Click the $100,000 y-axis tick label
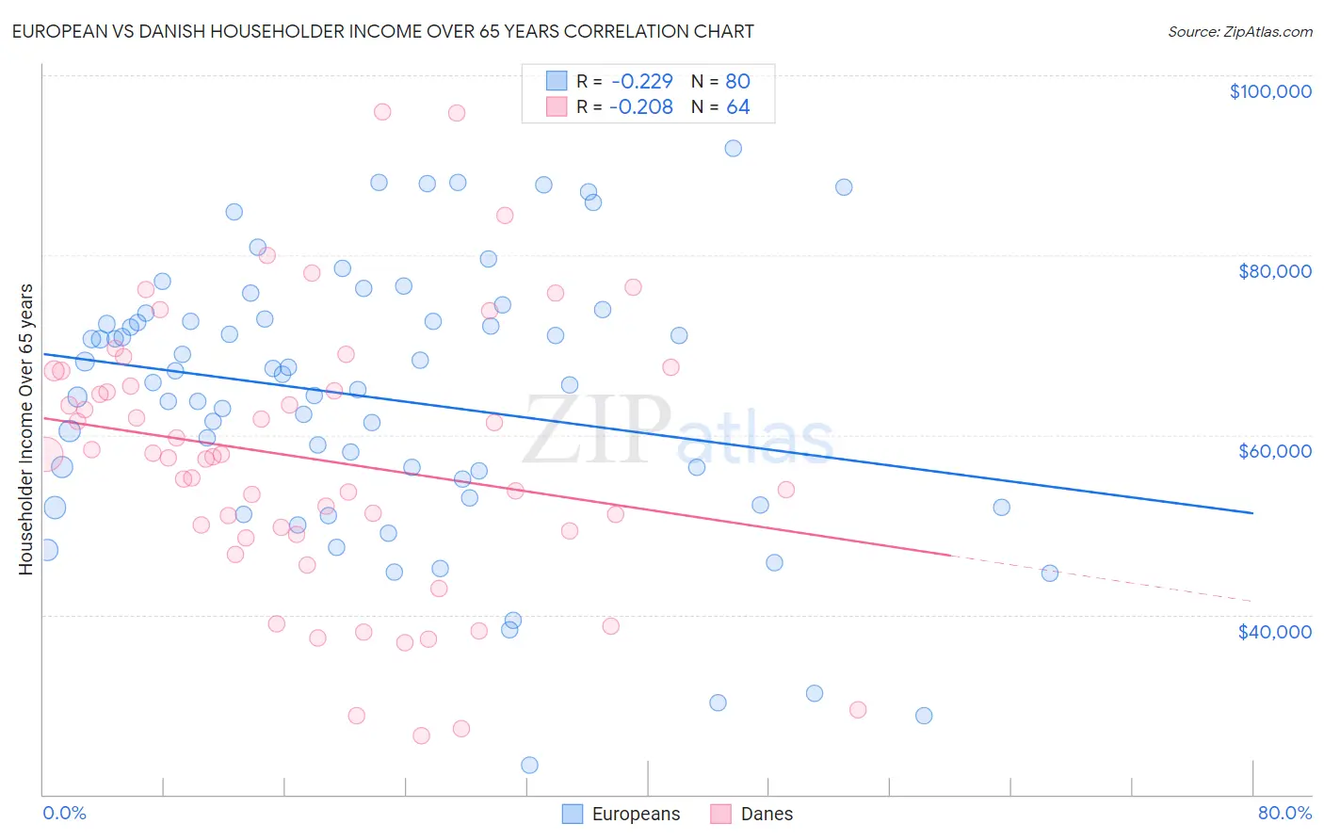(1270, 91)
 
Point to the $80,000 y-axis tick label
(1274, 271)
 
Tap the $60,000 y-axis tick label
(1274, 451)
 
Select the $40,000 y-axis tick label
(1274, 631)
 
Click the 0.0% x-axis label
(64, 813)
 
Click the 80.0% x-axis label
(1284, 813)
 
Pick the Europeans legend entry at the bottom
(622, 814)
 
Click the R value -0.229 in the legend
(640, 81)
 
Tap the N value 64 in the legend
(737, 107)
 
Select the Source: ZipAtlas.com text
(1239, 31)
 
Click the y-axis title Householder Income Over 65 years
(25, 428)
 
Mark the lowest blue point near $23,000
(529, 765)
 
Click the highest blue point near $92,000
(733, 148)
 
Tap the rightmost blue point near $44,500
(1050, 573)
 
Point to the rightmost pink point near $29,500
(857, 709)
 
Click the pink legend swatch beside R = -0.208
(557, 107)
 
